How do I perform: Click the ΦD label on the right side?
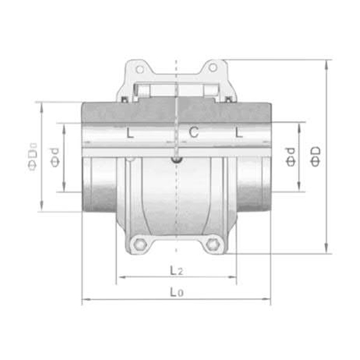[315, 157]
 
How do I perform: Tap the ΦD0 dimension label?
[34, 157]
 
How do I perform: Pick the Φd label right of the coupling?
[290, 157]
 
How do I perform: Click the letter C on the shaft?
[193, 132]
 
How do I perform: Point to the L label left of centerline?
[130, 133]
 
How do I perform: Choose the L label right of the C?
[239, 132]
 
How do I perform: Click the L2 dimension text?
[175, 271]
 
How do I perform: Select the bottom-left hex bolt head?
[140, 244]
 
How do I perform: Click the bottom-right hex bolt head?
[211, 244]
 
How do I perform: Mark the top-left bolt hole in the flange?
[139, 70]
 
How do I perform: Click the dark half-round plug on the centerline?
[176, 160]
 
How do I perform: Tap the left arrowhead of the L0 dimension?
[85, 300]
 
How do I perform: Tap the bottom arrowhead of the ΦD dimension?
[326, 251]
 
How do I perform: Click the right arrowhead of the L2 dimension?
[233, 277]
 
